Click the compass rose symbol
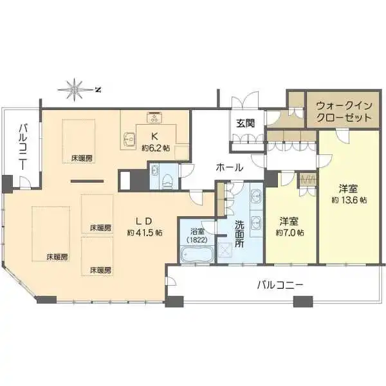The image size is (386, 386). pyautogui.click(x=75, y=90)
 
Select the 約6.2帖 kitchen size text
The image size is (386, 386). pyautogui.click(x=155, y=148)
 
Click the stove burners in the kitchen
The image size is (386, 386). pyautogui.click(x=154, y=117)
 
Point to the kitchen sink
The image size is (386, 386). pyautogui.click(x=129, y=140)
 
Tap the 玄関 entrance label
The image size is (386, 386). pyautogui.click(x=245, y=124)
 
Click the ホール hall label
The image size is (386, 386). pyautogui.click(x=230, y=168)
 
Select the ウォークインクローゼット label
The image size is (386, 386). pyautogui.click(x=344, y=112)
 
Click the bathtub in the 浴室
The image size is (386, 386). pyautogui.click(x=197, y=254)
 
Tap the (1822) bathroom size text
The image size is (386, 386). pyautogui.click(x=197, y=239)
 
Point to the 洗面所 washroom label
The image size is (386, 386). pyautogui.click(x=239, y=234)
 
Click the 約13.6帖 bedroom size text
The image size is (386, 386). pyautogui.click(x=349, y=200)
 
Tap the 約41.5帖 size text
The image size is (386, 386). pyautogui.click(x=145, y=233)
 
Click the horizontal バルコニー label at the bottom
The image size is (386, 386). pyautogui.click(x=280, y=286)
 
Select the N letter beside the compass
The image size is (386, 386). pyautogui.click(x=98, y=90)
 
